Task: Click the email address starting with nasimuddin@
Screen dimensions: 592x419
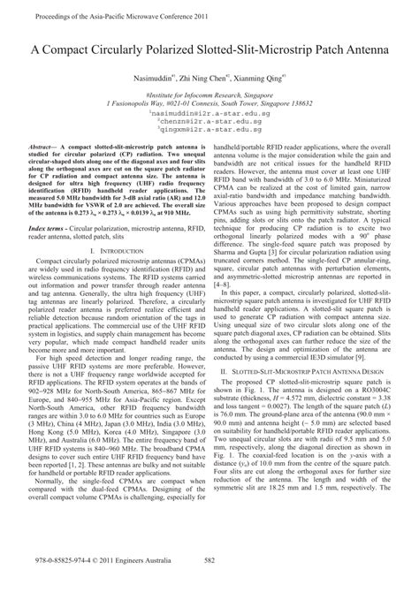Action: click(209, 114)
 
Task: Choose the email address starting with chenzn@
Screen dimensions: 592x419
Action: click(209, 123)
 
